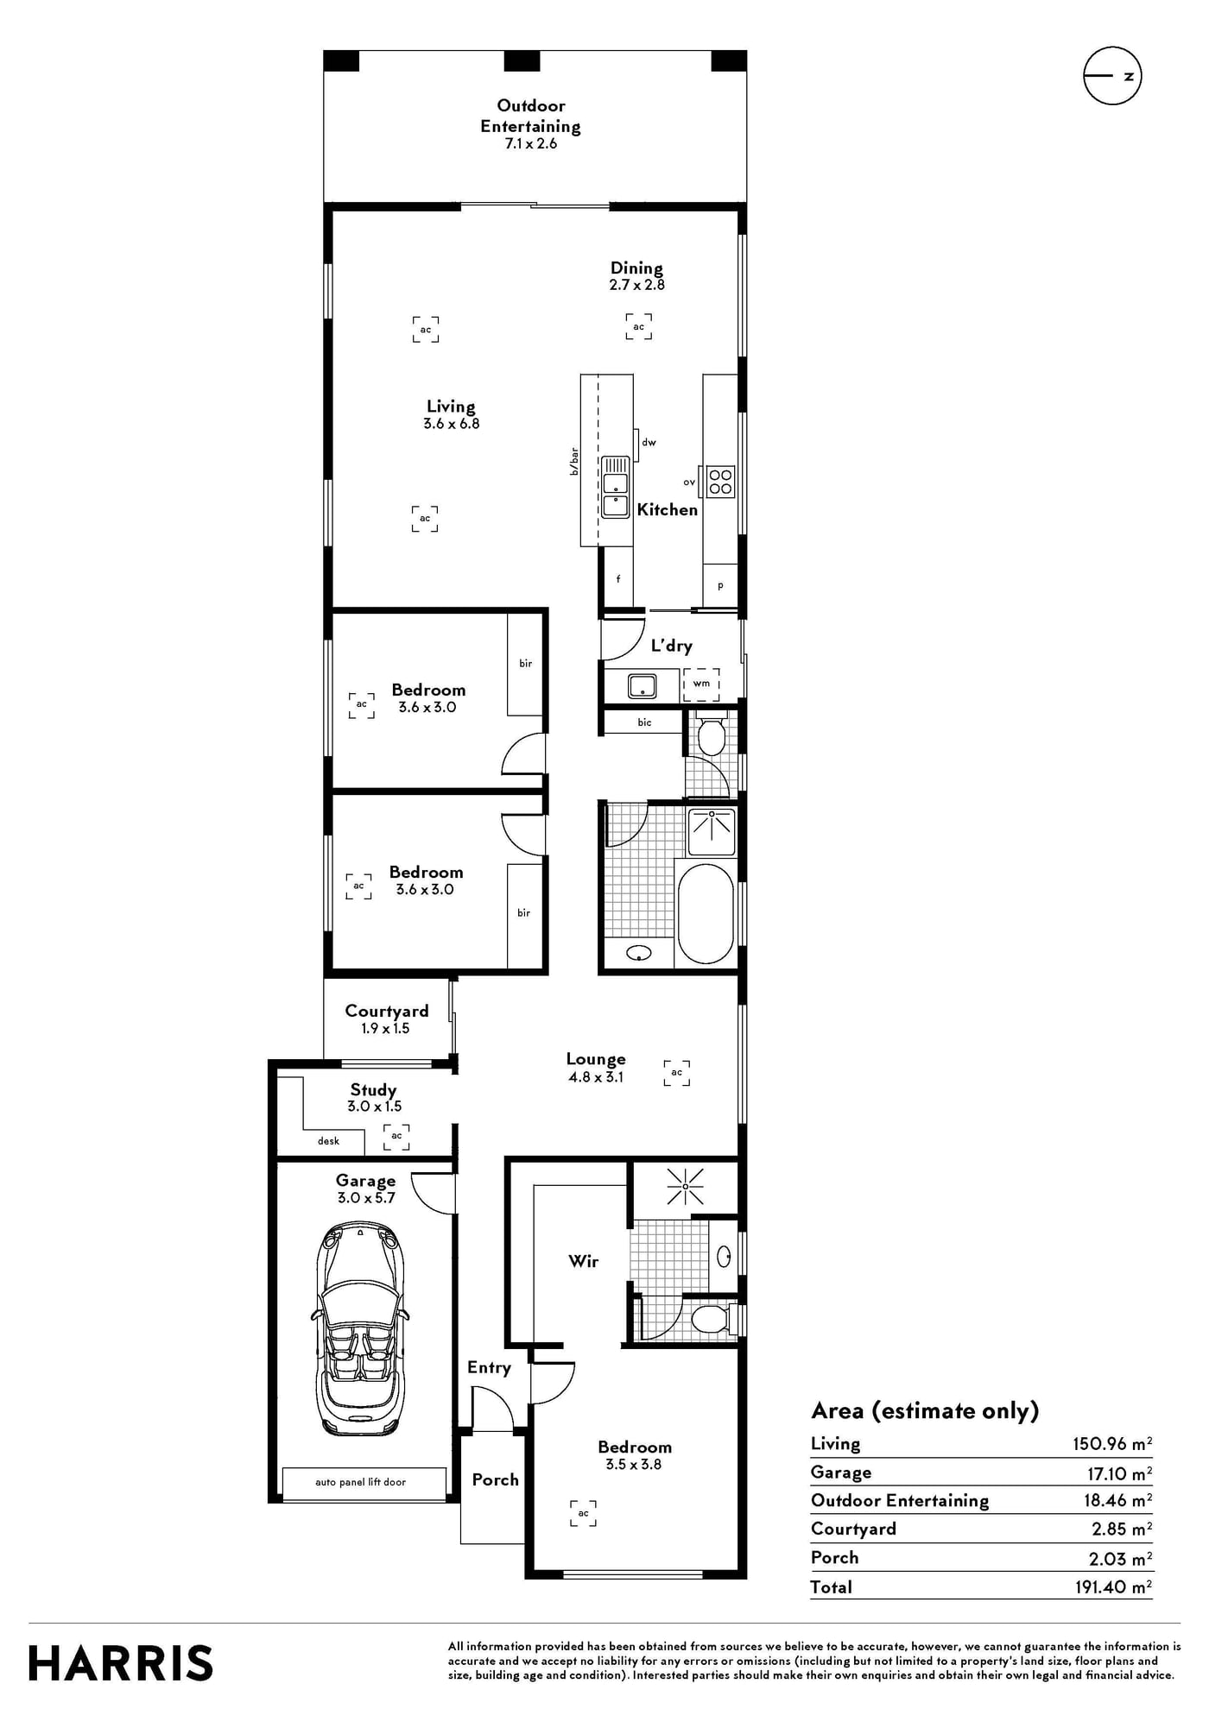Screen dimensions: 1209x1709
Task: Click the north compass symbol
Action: [1112, 76]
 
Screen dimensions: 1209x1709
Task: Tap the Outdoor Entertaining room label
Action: [530, 116]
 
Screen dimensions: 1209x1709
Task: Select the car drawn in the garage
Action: [360, 1328]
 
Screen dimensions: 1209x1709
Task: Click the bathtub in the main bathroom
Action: [706, 914]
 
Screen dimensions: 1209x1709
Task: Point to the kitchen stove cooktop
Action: [720, 481]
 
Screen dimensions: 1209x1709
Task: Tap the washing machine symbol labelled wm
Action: [701, 684]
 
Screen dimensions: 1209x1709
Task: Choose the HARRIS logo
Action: [120, 1663]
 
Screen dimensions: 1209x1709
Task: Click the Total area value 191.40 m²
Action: [1113, 1586]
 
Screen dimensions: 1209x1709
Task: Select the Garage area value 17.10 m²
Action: [1119, 1473]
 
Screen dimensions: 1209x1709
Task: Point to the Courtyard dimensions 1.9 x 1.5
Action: [385, 1028]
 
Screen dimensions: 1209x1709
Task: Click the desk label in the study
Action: [328, 1141]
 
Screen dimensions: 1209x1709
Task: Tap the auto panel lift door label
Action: [360, 1482]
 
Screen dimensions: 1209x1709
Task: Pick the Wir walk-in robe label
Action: [583, 1261]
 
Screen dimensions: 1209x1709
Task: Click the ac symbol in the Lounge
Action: [677, 1073]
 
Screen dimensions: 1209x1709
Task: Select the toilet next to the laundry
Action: [711, 735]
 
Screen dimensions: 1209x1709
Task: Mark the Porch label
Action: [495, 1479]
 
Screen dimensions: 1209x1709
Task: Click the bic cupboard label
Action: [644, 722]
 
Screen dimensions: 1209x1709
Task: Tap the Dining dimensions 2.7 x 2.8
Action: [636, 285]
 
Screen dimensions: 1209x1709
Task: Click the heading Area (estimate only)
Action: [925, 1411]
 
